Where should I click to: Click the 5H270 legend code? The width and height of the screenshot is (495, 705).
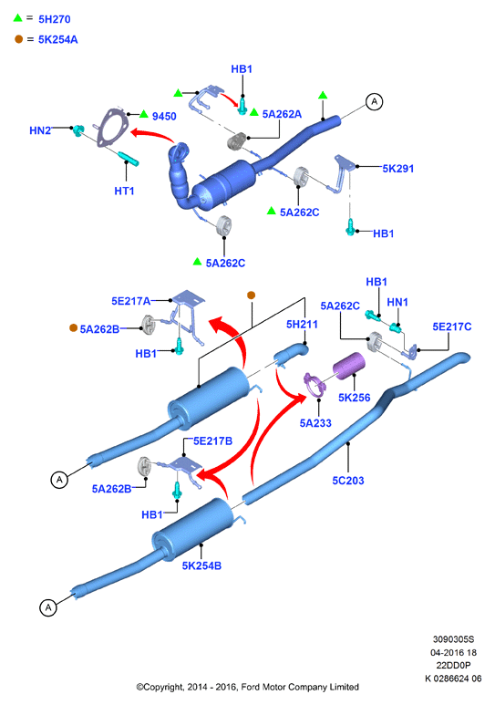pos(55,19)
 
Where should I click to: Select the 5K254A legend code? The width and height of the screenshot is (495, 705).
pos(58,39)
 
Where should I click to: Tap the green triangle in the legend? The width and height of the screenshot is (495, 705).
pos(17,18)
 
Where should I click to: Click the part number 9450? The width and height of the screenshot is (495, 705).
pos(164,117)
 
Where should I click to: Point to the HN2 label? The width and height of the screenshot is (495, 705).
pos(40,130)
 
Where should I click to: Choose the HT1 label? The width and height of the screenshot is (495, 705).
pos(124,192)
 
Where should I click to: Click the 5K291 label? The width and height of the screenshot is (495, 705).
pos(397,169)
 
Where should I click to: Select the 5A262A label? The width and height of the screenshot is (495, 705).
pos(282,114)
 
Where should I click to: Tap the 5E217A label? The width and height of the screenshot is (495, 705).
pos(131,301)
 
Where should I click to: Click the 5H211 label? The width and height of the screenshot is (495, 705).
pos(302,324)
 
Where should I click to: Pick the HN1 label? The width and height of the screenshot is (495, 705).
pos(397,302)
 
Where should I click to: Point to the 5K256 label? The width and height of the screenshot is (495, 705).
pos(355,398)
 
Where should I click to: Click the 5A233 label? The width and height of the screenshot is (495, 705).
pos(315,423)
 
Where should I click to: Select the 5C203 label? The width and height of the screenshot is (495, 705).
pos(348,481)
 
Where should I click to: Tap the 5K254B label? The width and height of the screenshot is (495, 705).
pos(201,565)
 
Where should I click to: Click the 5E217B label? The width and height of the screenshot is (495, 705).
pos(212,441)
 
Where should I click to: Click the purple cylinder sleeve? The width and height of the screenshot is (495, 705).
pos(349,365)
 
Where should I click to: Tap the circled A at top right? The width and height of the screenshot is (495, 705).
pos(374,102)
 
